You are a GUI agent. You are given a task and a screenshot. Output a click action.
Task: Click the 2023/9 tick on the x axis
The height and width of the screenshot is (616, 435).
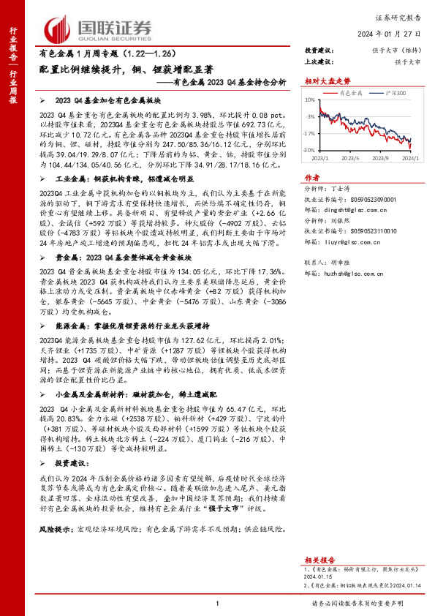click(378, 157)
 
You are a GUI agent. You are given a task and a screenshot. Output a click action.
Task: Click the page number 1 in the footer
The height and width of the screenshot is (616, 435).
click(218, 603)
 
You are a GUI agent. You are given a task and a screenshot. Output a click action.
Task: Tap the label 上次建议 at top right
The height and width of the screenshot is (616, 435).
click(319, 62)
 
